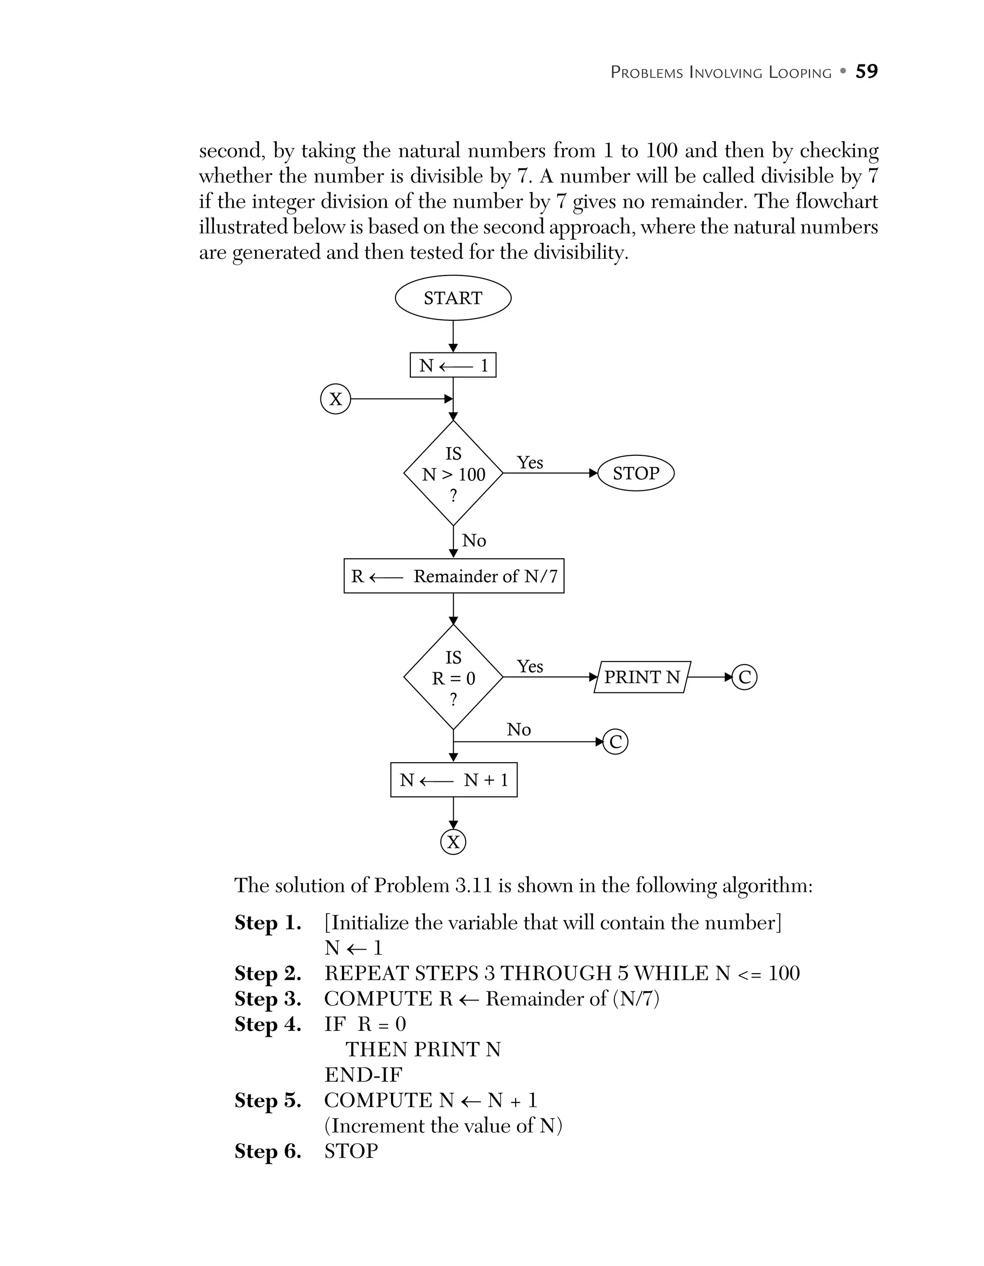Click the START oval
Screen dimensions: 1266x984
453,298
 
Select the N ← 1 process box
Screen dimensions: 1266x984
453,365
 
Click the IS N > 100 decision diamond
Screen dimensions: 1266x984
453,474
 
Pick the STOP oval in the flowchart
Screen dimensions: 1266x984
636,474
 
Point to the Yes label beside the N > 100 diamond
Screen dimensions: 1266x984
530,463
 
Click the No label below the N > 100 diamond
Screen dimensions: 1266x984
474,541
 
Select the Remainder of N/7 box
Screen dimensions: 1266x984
454,576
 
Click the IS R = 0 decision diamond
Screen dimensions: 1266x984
453,677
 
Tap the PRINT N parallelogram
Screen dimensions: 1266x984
642,677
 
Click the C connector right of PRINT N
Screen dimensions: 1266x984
744,677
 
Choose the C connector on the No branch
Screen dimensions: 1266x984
615,742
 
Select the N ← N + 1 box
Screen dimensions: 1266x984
454,780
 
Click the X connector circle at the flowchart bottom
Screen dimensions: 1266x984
453,842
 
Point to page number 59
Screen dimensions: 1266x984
866,71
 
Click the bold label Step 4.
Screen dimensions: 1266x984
268,1024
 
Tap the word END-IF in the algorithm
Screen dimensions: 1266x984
363,1075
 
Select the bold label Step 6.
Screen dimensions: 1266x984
268,1151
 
